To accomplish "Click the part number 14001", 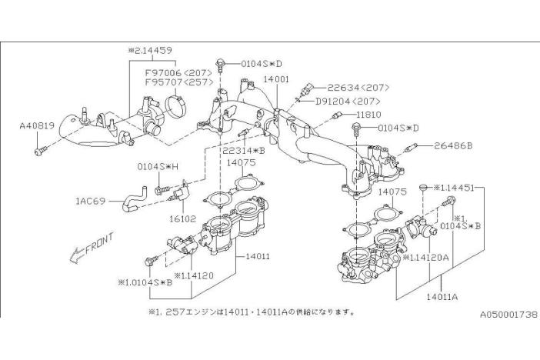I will [275, 78].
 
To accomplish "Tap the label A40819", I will [37, 123].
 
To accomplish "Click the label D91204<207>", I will [347, 101].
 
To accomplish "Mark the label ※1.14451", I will [457, 187].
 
